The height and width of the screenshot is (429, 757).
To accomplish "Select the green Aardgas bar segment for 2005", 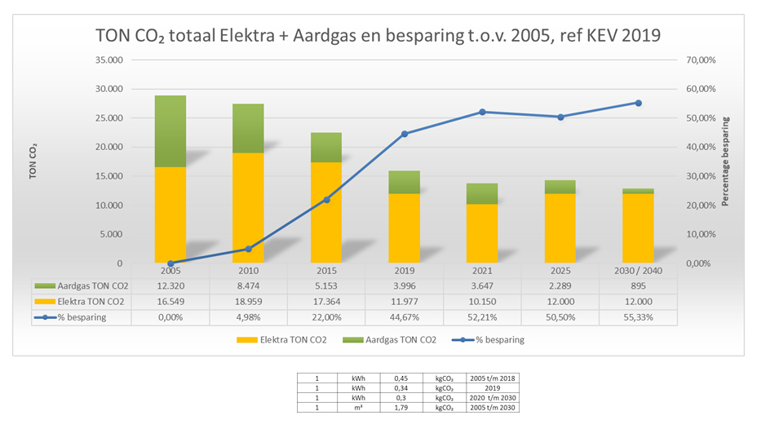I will pyautogui.click(x=170, y=130).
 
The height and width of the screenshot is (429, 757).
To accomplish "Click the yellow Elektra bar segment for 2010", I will pyautogui.click(x=249, y=207).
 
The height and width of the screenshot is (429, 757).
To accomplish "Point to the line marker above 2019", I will pyautogui.click(x=405, y=134).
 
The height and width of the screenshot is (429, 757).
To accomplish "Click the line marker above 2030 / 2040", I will pyautogui.click(x=638, y=103).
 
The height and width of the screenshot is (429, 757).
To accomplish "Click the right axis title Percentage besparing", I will pyautogui.click(x=725, y=161).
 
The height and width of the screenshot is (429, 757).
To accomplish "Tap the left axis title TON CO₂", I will pyautogui.click(x=33, y=161).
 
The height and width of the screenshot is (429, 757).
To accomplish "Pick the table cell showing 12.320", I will pyautogui.click(x=170, y=286).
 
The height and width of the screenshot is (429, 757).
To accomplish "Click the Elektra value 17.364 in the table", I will pyautogui.click(x=326, y=302).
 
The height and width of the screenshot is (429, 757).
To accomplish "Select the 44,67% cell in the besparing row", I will pyautogui.click(x=405, y=317).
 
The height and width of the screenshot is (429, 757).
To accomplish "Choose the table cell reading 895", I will pyautogui.click(x=638, y=286).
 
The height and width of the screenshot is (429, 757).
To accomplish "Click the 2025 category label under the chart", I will pyautogui.click(x=560, y=270).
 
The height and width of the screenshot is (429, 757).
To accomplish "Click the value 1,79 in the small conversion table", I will pyautogui.click(x=400, y=407).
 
